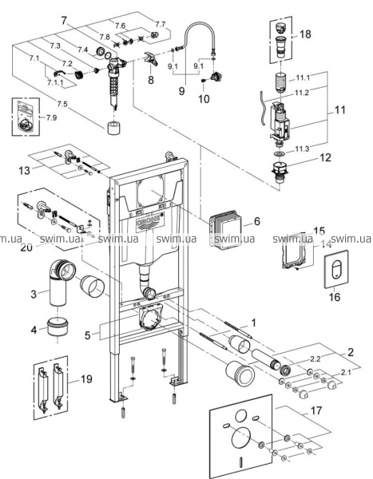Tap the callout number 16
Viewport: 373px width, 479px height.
click(x=335, y=297)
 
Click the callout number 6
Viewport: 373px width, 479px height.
click(x=257, y=221)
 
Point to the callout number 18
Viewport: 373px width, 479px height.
click(x=304, y=34)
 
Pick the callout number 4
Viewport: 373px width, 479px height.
click(x=34, y=330)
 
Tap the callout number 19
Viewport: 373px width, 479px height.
click(x=86, y=378)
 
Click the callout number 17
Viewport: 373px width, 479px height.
click(x=315, y=410)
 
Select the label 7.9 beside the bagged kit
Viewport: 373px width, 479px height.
click(x=51, y=117)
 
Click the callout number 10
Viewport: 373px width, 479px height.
click(x=204, y=98)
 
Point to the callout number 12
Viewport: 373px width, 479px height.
click(x=325, y=157)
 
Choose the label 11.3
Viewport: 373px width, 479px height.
click(x=302, y=148)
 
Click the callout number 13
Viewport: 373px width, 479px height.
click(x=25, y=170)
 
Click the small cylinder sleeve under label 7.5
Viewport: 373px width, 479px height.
click(x=114, y=127)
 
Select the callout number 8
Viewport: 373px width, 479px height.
click(x=151, y=80)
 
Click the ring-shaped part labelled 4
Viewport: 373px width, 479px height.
click(x=58, y=327)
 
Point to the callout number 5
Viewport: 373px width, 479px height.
click(x=87, y=335)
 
